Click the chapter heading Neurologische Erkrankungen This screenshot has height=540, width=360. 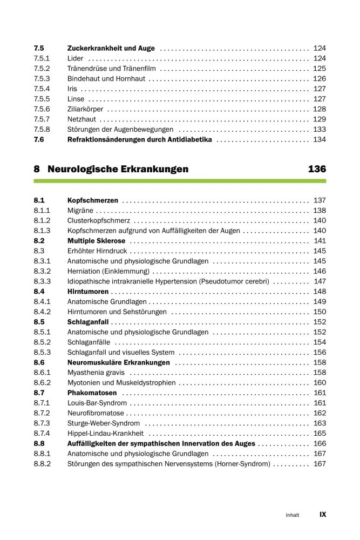click(x=118, y=169)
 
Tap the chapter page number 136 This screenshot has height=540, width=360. click(x=317, y=169)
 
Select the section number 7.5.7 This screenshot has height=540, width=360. click(x=42, y=119)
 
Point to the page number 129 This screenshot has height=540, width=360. click(x=320, y=119)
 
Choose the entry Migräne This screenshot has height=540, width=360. click(x=80, y=211)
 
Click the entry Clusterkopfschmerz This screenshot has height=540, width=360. click(x=98, y=221)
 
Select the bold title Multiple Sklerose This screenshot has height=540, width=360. click(x=96, y=241)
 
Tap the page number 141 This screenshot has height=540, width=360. click(x=320, y=241)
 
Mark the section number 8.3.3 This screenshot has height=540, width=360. click(x=42, y=281)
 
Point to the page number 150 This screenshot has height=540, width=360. click(x=320, y=312)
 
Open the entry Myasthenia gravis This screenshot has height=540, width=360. click(x=96, y=373)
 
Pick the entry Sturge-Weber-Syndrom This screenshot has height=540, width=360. click(x=103, y=423)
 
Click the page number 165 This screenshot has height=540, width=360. click(x=320, y=433)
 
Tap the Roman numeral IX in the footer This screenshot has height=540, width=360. click(x=323, y=515)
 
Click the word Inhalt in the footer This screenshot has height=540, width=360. click(x=292, y=515)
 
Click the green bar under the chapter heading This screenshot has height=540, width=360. click(x=180, y=181)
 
